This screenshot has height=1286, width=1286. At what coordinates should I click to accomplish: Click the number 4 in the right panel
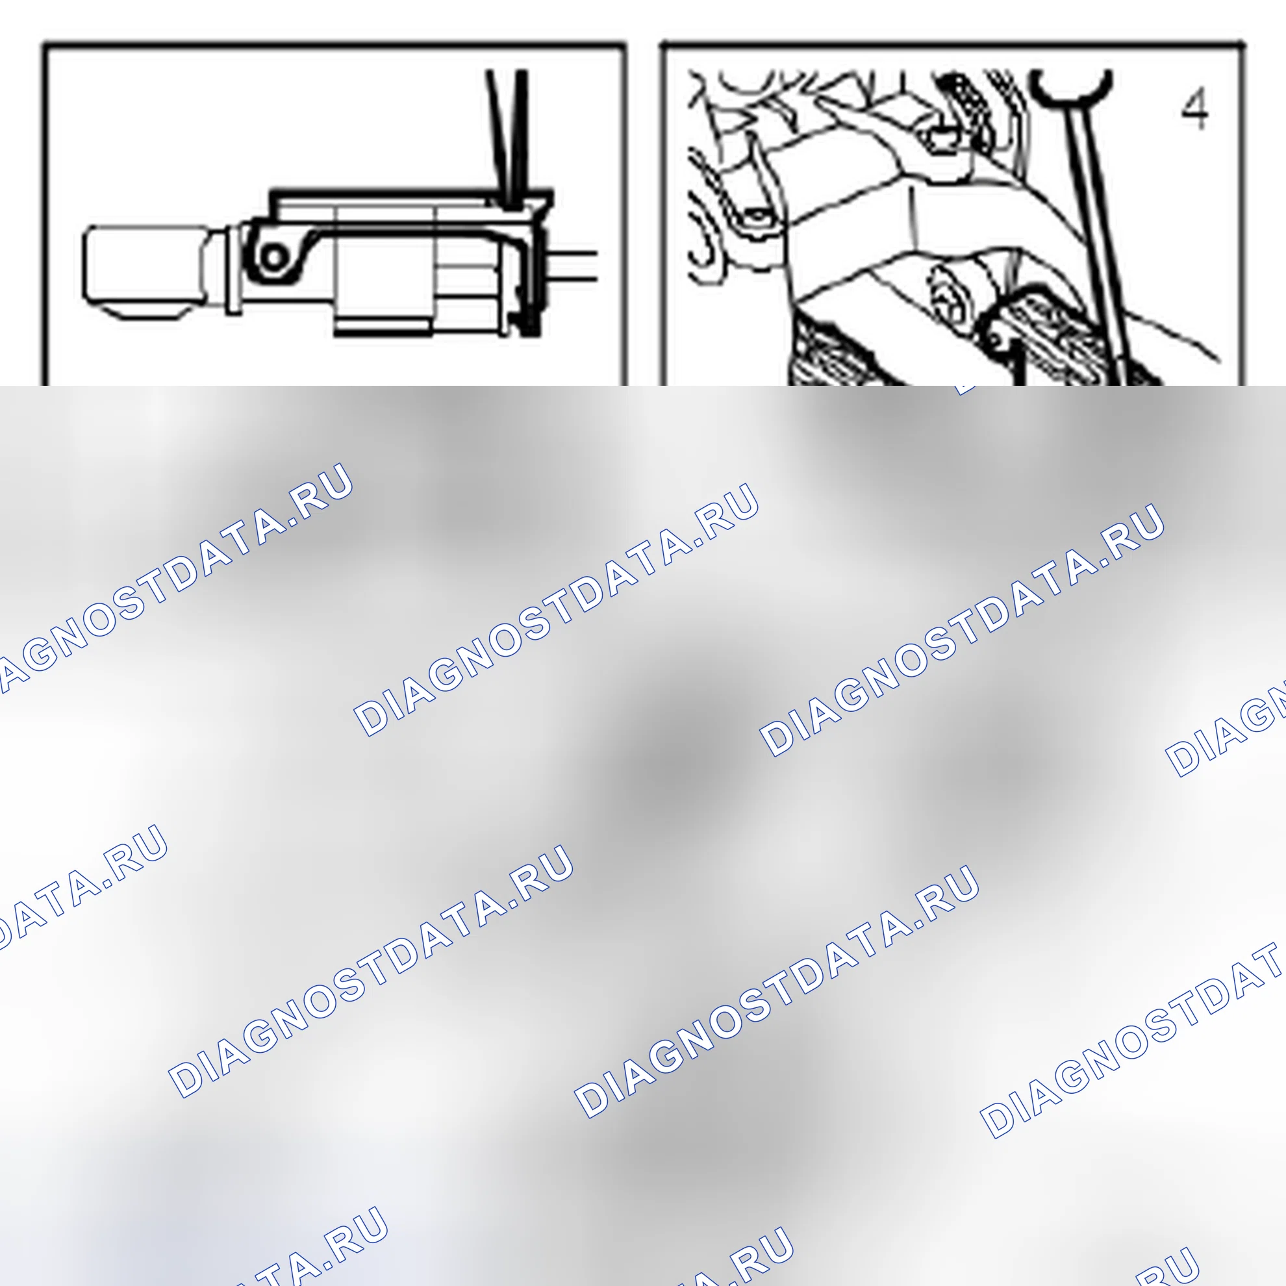click(x=1195, y=111)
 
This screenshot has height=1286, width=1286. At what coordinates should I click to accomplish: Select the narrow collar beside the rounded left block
click(x=233, y=270)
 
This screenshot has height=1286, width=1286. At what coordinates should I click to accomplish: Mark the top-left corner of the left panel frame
click(x=44, y=45)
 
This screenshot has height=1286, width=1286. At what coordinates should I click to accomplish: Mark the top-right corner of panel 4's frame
click(x=1242, y=45)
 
